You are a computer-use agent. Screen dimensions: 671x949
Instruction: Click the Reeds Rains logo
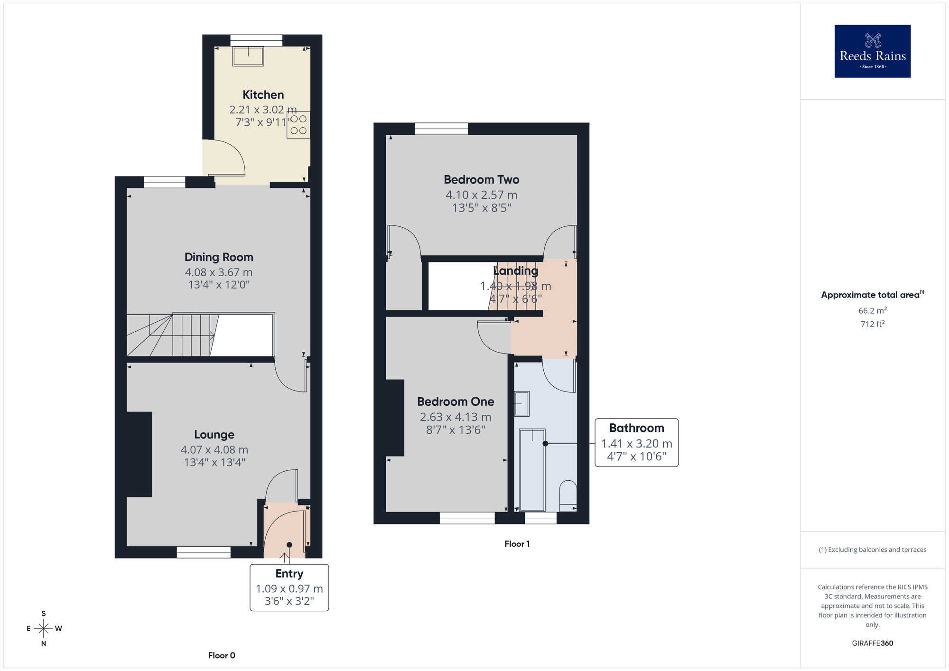coord(872,51)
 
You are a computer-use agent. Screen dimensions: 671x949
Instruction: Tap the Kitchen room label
coord(263,95)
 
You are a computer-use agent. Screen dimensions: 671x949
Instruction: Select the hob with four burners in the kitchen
coord(298,124)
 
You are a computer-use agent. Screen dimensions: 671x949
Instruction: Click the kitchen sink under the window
coord(248,56)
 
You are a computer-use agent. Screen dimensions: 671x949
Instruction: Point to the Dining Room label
coord(219,257)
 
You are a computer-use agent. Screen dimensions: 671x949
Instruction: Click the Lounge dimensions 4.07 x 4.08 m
coord(214,449)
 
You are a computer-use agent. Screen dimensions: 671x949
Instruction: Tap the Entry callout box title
coord(289,574)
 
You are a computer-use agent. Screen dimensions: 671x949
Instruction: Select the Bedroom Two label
coord(481,180)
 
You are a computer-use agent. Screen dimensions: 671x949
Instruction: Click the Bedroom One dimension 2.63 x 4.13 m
coord(455,417)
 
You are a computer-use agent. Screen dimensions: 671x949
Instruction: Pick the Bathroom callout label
coord(636,429)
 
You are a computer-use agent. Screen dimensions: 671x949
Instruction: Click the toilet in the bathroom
coord(568,495)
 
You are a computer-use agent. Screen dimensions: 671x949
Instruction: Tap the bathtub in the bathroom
coord(532,470)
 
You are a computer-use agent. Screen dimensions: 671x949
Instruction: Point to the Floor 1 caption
coord(517,544)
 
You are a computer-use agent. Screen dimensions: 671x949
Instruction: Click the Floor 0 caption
coord(222,655)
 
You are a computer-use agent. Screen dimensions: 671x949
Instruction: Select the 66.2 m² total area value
coord(872,311)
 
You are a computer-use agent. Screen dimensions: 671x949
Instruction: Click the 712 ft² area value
coord(872,324)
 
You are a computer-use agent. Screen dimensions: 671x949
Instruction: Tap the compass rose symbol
coord(44,629)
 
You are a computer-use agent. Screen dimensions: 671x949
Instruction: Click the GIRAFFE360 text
coord(872,643)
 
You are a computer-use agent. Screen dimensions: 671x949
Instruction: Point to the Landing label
coord(515,271)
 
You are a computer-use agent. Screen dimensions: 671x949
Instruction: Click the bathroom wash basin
coord(521,403)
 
